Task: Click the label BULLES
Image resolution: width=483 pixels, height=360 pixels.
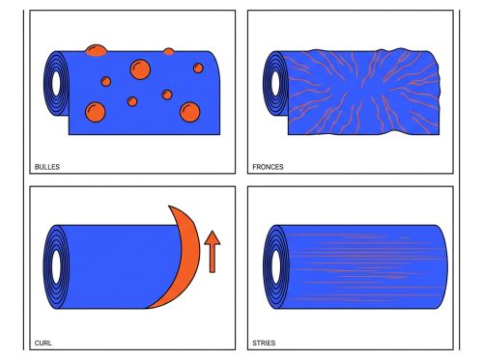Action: tap(47, 167)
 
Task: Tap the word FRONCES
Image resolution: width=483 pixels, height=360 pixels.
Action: tap(268, 167)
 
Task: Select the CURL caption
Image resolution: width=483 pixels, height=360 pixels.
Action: tap(43, 343)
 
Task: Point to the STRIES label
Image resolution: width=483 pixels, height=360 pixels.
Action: tap(264, 343)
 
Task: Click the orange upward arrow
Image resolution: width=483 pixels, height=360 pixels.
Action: tap(213, 252)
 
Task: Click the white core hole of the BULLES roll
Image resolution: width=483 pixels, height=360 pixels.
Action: tap(56, 84)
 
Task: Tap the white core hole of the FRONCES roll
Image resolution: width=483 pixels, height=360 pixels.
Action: tap(275, 84)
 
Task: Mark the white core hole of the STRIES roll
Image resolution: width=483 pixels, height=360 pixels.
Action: tap(275, 266)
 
